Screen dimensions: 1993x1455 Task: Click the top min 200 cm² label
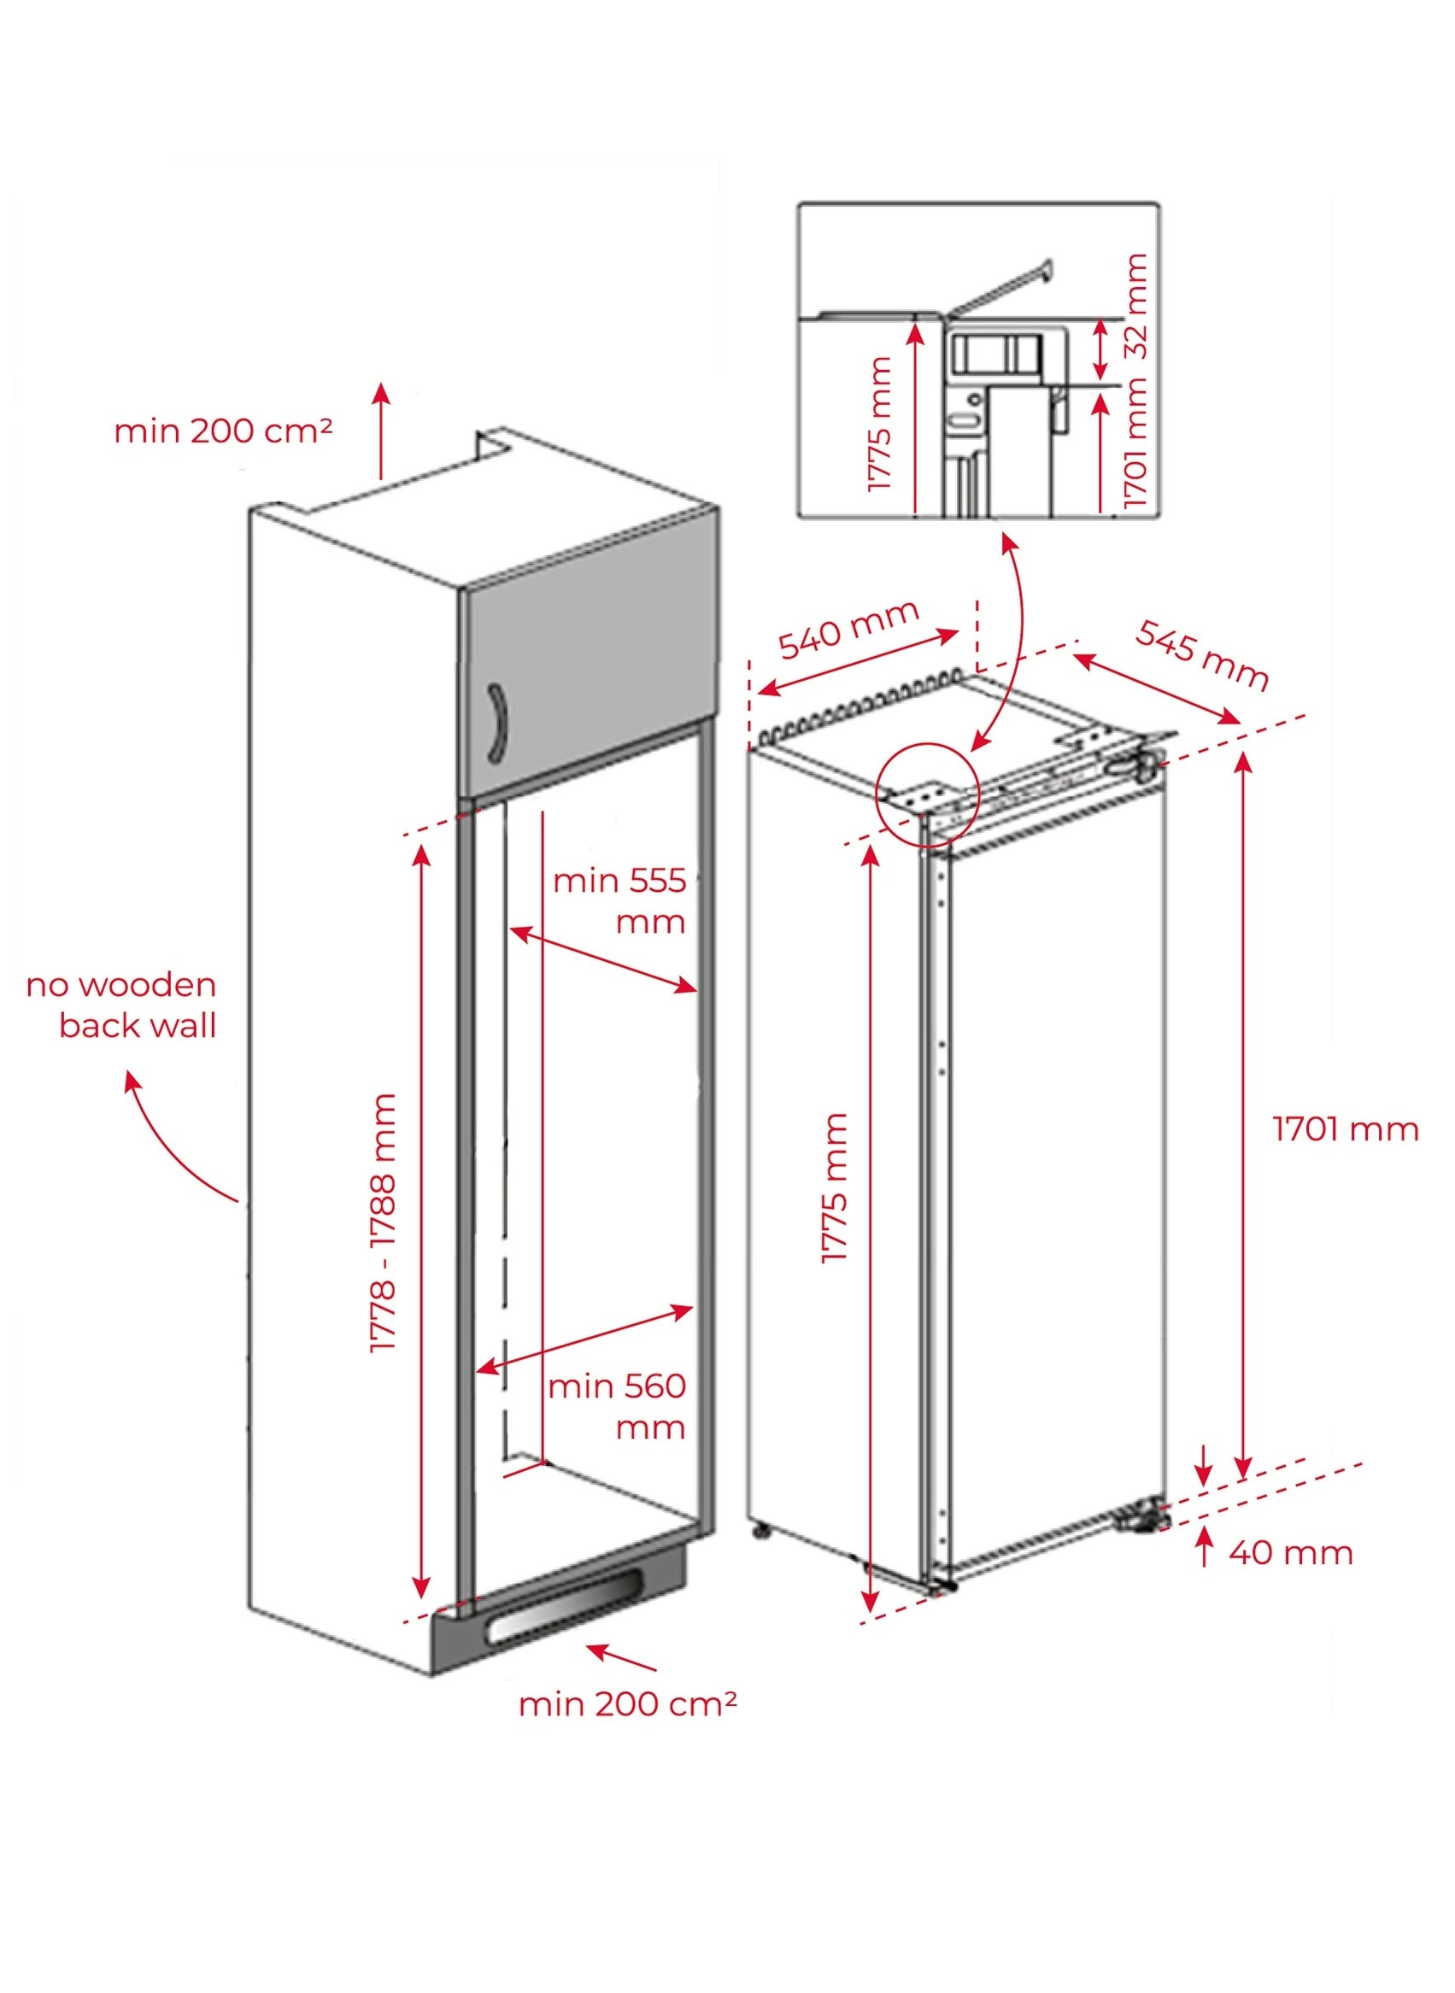point(223,431)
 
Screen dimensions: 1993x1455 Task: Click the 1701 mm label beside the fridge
point(1345,1130)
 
